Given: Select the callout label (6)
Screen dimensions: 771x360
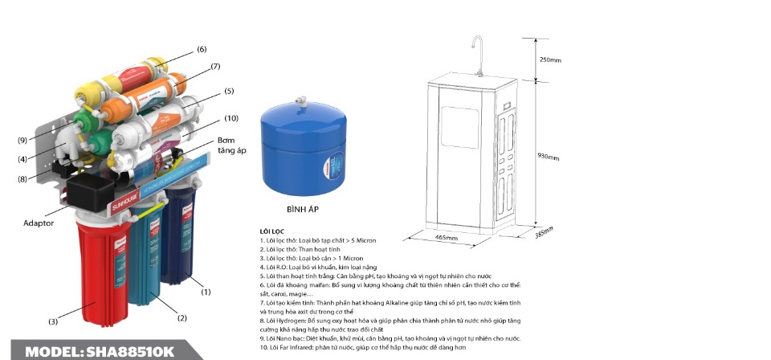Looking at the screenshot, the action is pos(202,49).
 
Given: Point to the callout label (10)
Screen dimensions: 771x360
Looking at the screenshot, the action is pos(231,118).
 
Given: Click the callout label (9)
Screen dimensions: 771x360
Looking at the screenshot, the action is pos(22,140).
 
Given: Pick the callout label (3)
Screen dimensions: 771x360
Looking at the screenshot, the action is pos(53,321).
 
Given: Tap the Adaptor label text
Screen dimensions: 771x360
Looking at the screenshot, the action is pos(39,223).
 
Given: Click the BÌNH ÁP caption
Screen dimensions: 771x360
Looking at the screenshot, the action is pos(303,210).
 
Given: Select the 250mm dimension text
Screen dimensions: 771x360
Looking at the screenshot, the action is pos(550,60).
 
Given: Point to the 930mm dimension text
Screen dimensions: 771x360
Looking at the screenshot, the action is pos(549,157).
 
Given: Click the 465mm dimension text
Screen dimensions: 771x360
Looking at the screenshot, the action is pos(447,238).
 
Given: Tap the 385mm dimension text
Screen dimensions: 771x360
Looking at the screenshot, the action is pos(544,232).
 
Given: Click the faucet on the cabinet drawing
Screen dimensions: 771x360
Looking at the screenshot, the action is pos(478,55).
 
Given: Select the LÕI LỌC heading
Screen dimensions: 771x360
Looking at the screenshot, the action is pos(272,231).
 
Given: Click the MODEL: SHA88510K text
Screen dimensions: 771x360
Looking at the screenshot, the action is pos(100,352).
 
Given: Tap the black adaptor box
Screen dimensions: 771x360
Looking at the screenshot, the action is pos(90,192).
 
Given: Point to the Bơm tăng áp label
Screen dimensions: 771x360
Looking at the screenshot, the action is pos(231,145).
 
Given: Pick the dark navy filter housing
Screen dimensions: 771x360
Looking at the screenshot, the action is pos(178,236).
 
